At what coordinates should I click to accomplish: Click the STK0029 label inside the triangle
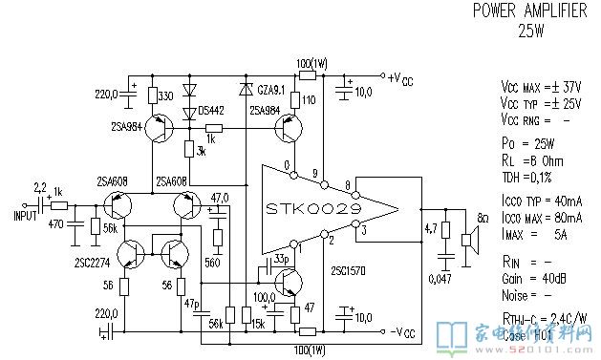(x=314, y=208)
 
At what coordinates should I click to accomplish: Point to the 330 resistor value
(x=165, y=97)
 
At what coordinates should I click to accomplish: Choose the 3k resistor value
(x=200, y=152)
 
